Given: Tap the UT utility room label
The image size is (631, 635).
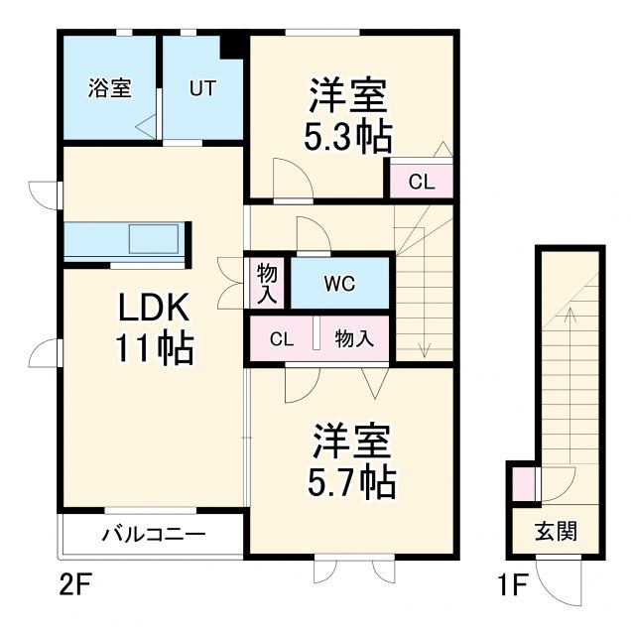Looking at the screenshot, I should pyautogui.click(x=201, y=87).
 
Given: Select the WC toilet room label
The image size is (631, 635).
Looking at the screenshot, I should pyautogui.click(x=338, y=281).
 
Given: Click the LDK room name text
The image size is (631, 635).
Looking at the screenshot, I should pyautogui.click(x=155, y=309).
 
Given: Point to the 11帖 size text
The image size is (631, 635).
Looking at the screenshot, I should pyautogui.click(x=155, y=348).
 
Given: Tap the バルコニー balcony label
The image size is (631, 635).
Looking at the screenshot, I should pyautogui.click(x=153, y=535).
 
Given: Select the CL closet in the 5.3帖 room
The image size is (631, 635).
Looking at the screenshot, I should pyautogui.click(x=421, y=182).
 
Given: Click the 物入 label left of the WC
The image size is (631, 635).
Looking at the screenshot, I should pyautogui.click(x=267, y=283).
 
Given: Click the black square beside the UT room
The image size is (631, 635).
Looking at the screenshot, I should pyautogui.click(x=234, y=47).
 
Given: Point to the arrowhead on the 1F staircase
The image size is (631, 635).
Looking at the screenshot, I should pyautogui.click(x=571, y=314).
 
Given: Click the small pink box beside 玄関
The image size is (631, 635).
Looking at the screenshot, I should pyautogui.click(x=522, y=484).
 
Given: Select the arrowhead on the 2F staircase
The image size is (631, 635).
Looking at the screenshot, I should pyautogui.click(x=425, y=350).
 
